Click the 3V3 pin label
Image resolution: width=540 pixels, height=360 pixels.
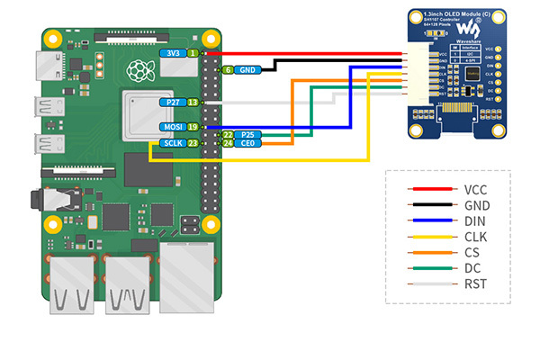(x=172, y=54)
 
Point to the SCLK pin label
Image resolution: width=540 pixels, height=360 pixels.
(x=172, y=143)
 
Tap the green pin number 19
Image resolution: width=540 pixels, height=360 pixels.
(x=192, y=127)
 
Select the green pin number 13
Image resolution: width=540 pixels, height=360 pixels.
(x=192, y=103)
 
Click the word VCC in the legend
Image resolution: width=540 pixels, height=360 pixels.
(x=476, y=190)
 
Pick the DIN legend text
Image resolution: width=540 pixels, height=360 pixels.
(x=474, y=221)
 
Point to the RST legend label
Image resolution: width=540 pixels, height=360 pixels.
(x=474, y=285)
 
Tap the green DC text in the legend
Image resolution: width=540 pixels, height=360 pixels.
(x=473, y=269)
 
